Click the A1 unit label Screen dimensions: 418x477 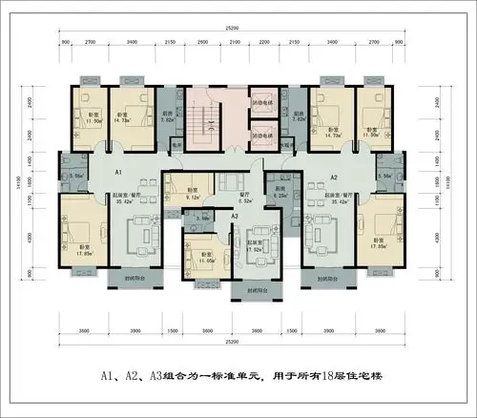pos(117,171)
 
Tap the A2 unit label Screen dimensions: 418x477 pos(333,178)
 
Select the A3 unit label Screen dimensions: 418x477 pos(234,217)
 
